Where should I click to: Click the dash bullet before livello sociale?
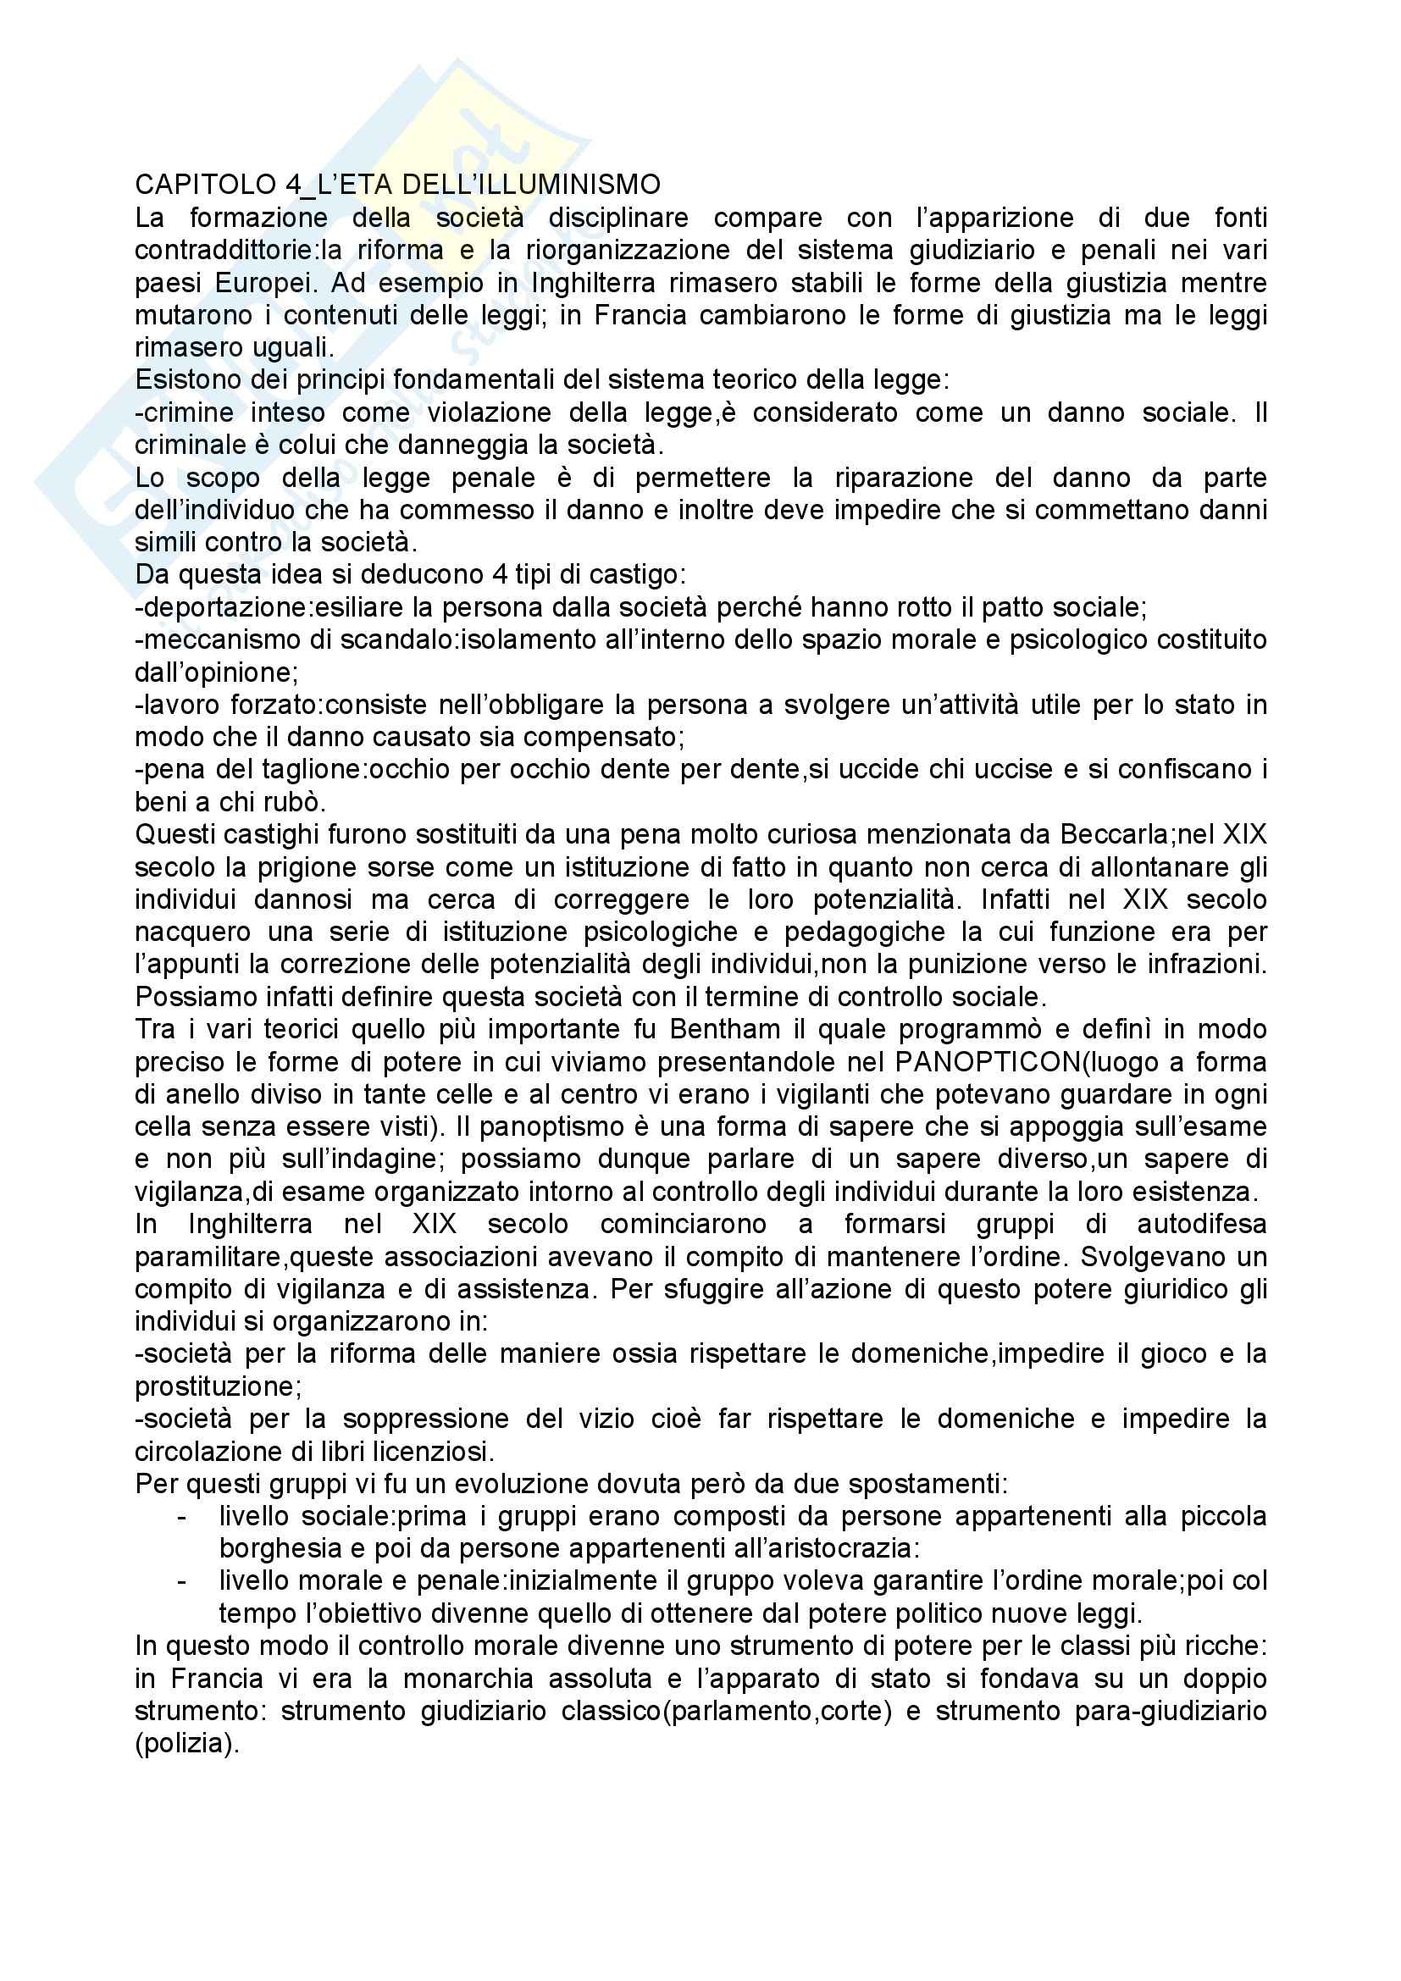pyautogui.click(x=182, y=1517)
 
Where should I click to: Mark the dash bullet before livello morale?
pyautogui.click(x=182, y=1581)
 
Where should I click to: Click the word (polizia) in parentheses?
pyautogui.click(x=186, y=1745)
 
